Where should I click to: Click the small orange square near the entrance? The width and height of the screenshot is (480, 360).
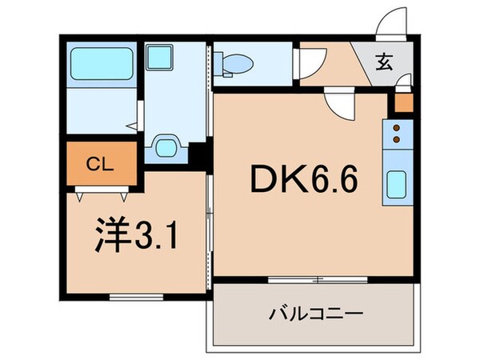tap(402, 102)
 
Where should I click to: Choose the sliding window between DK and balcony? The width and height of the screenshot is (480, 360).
tap(318, 279)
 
